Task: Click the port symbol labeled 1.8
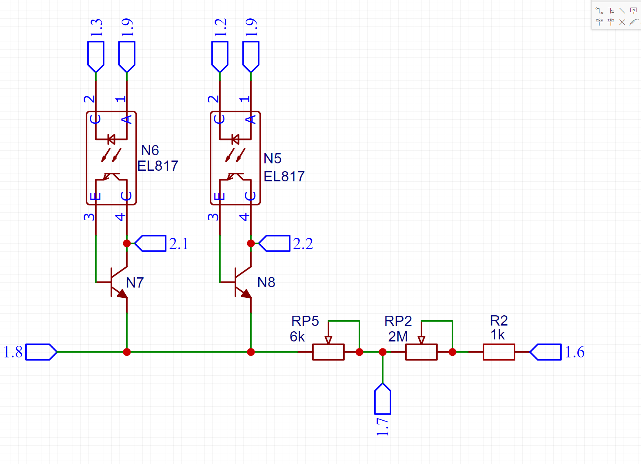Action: click(x=41, y=352)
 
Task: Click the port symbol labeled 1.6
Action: click(x=546, y=352)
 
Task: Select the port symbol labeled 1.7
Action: click(x=383, y=399)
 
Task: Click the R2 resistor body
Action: click(x=499, y=352)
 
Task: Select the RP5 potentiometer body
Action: click(x=328, y=352)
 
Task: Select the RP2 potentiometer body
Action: click(x=421, y=352)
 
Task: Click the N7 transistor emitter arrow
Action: click(x=122, y=293)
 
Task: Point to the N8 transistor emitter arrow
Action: click(x=246, y=293)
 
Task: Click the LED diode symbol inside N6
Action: click(x=111, y=139)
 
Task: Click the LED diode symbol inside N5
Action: click(x=235, y=139)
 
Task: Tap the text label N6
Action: click(x=150, y=150)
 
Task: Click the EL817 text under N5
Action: click(x=284, y=176)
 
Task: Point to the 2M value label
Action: click(x=398, y=337)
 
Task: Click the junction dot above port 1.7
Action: click(x=383, y=352)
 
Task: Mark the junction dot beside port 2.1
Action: click(x=127, y=243)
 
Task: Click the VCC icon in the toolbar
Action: click(x=599, y=22)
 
